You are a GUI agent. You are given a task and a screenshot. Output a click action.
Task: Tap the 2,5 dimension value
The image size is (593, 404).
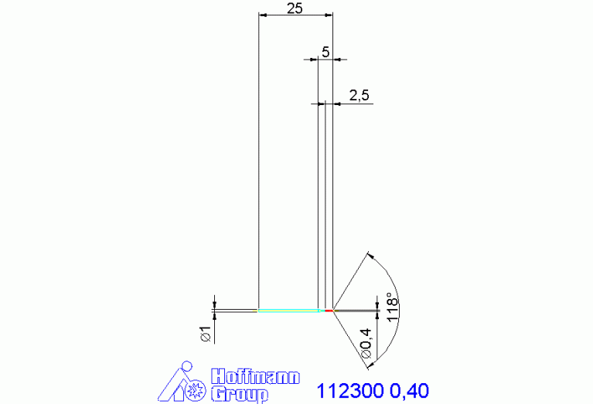pos(360,95)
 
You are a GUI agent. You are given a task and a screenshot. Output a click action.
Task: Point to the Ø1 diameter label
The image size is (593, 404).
pos(205,334)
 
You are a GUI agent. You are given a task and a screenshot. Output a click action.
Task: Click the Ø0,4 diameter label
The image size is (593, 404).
pos(366,343)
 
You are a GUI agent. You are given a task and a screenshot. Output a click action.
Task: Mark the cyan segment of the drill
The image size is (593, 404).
pos(288,311)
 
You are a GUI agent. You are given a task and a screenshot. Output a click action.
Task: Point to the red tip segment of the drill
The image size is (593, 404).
pos(329,311)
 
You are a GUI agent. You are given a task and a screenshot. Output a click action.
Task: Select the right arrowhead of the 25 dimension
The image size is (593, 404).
pos(329,15)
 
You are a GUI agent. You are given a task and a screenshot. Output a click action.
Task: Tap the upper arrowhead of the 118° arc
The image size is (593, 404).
pos(371,255)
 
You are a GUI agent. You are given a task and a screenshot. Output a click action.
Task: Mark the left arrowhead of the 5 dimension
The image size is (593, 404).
pos(314,59)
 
